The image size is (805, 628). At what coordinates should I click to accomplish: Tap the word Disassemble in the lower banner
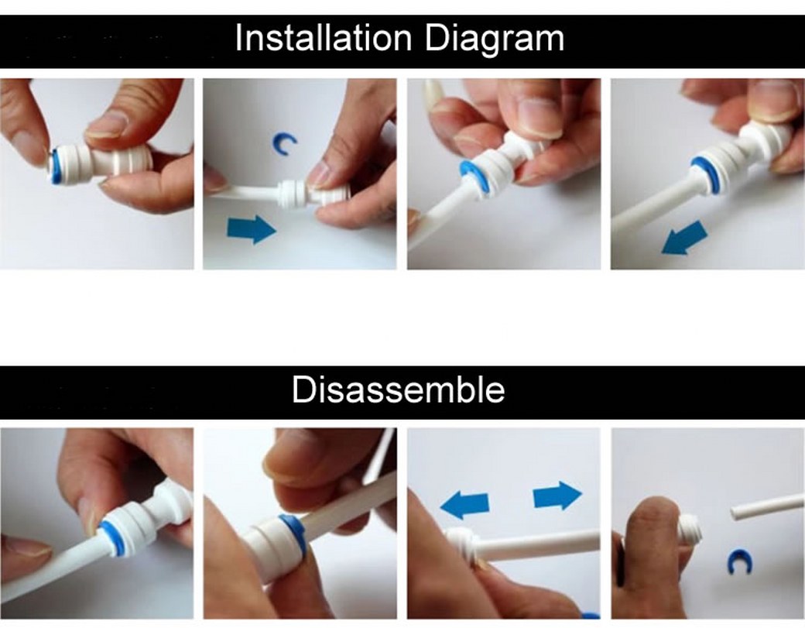coord(398,389)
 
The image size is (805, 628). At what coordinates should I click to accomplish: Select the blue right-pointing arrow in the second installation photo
coord(251,228)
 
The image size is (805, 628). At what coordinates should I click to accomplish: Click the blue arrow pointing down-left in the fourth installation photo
coord(684,238)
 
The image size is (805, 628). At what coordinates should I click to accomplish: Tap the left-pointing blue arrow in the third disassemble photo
coord(464,503)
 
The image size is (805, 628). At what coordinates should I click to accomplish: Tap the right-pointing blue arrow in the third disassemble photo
coord(557,496)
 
